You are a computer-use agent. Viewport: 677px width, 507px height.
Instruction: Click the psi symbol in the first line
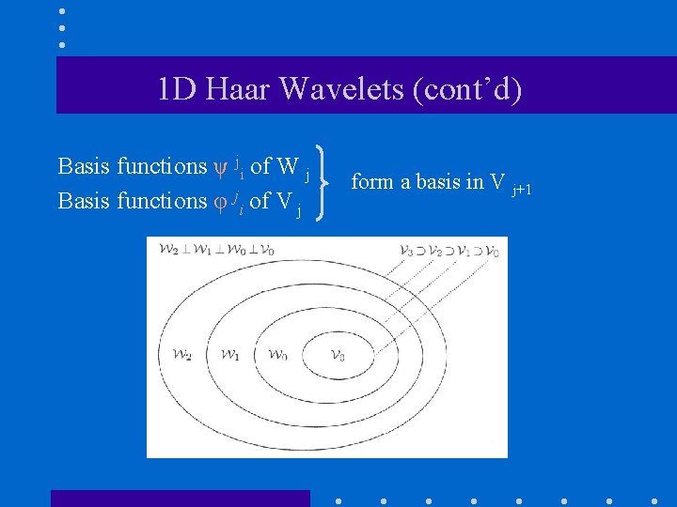click(x=222, y=168)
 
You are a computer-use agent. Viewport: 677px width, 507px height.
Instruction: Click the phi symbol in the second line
click(x=221, y=202)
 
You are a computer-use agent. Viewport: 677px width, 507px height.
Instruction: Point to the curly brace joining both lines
click(x=325, y=183)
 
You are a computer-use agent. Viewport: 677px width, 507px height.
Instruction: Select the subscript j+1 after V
click(x=522, y=192)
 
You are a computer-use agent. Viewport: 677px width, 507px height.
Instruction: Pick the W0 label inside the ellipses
click(x=277, y=355)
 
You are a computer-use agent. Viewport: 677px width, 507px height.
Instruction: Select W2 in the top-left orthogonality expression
click(x=169, y=250)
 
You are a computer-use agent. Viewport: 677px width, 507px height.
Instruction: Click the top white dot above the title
click(x=61, y=11)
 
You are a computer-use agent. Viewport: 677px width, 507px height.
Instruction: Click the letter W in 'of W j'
click(x=289, y=167)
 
